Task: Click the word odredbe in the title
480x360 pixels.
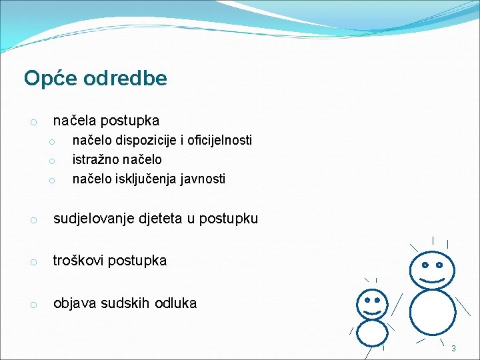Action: tap(125, 79)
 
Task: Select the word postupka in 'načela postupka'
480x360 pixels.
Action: tap(131, 121)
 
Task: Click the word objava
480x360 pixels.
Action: tap(73, 303)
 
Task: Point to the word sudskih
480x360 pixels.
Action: tap(123, 303)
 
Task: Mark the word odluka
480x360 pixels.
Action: tap(175, 303)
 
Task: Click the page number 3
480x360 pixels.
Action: tap(453, 349)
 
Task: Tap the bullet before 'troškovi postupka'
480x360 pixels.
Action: tap(33, 262)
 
